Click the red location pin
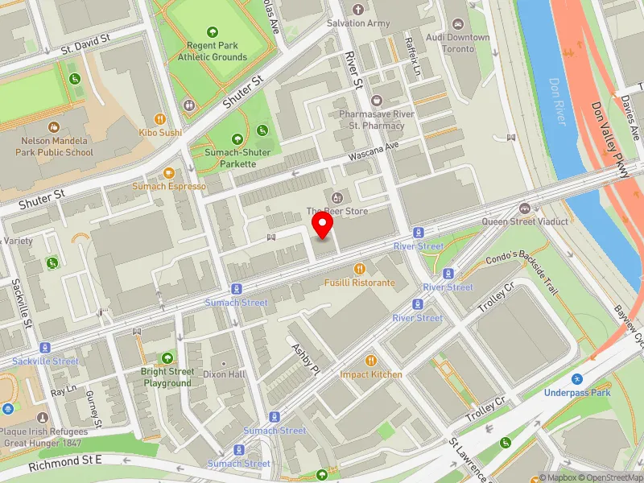pos(323,225)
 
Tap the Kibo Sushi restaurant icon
pos(159,118)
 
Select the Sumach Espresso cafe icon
pos(169,172)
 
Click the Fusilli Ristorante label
pos(360,283)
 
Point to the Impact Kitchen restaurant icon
pos(371,360)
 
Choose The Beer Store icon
pos(336,197)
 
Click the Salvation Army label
pos(358,23)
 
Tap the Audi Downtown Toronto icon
pos(457,24)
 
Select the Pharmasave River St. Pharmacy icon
pos(377,101)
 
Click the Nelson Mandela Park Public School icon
pos(53,127)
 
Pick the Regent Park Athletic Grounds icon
pos(213,32)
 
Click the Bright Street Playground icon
pos(168,357)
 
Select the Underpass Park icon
pos(577,378)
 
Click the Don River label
pos(558,101)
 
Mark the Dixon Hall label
pos(225,374)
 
